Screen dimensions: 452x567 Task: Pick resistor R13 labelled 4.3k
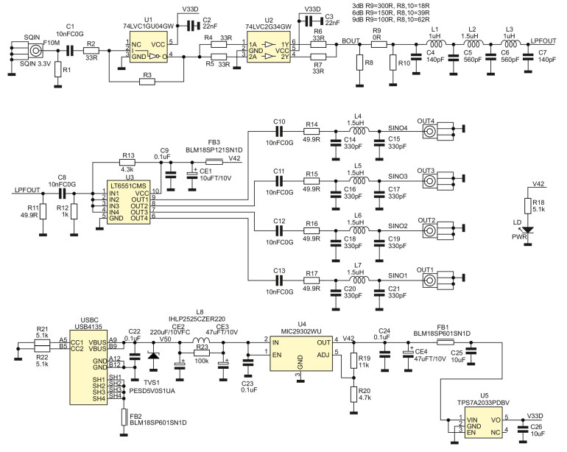(x=129, y=163)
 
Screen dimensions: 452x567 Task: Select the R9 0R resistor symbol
(x=378, y=45)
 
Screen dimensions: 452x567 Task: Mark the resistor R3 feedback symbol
(x=147, y=81)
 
